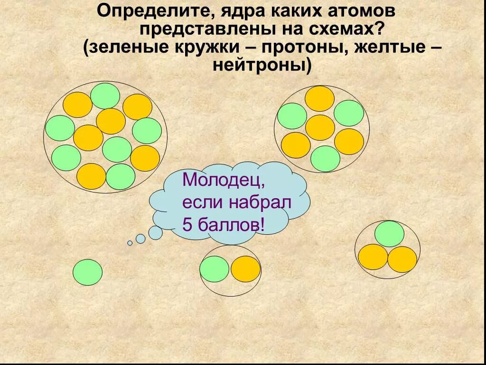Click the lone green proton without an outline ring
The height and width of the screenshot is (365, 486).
tap(87, 272)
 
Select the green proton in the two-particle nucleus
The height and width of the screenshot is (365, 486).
tap(215, 269)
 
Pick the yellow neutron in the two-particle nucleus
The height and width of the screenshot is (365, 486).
tap(245, 269)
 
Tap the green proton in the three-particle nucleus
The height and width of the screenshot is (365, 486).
tap(389, 234)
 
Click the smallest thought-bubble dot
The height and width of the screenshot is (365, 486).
tap(130, 243)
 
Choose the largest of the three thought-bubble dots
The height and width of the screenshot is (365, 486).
tap(155, 232)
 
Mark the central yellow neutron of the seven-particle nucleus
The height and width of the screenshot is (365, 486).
tap(320, 127)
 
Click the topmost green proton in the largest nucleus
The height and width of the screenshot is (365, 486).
tap(105, 96)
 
